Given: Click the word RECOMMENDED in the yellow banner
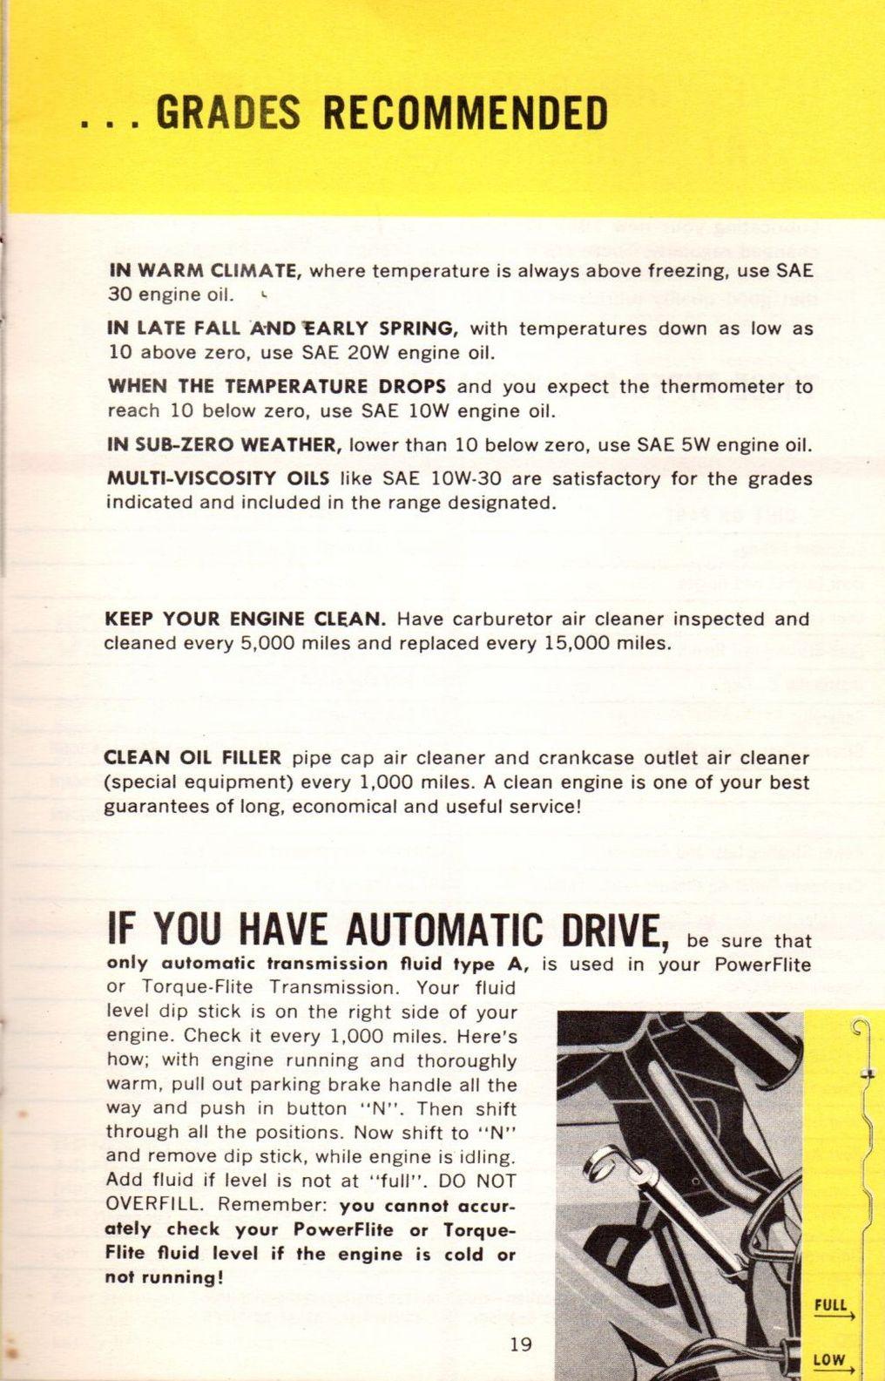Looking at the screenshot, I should (x=463, y=113).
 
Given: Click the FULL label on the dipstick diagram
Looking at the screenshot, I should (x=830, y=1305).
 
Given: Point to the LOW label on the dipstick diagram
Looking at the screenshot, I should (x=829, y=1359).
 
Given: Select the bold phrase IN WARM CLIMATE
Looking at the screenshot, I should (x=204, y=270).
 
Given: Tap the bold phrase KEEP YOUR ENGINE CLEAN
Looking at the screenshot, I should (x=246, y=619).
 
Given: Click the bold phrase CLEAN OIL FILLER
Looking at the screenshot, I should (x=193, y=758).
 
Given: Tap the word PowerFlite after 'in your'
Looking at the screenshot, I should (x=762, y=965).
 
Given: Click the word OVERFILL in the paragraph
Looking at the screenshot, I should (x=157, y=1205).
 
